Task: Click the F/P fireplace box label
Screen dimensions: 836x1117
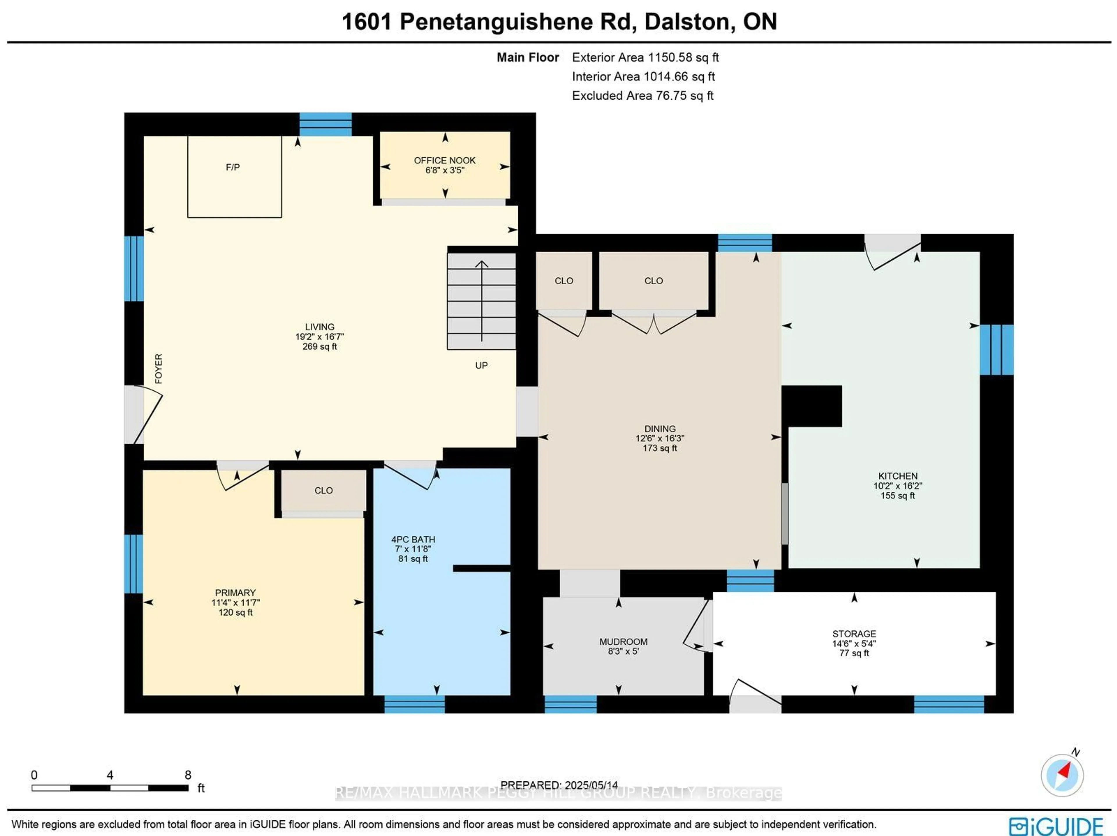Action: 232,167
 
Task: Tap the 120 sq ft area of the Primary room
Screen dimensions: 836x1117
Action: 235,612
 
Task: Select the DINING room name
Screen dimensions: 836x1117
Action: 659,429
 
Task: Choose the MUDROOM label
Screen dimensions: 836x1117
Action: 623,642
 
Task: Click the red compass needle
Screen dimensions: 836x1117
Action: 1065,770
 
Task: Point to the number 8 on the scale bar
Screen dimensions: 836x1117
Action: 188,775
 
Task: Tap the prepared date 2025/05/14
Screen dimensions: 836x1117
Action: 591,785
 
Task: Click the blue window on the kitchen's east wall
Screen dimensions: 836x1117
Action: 996,349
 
